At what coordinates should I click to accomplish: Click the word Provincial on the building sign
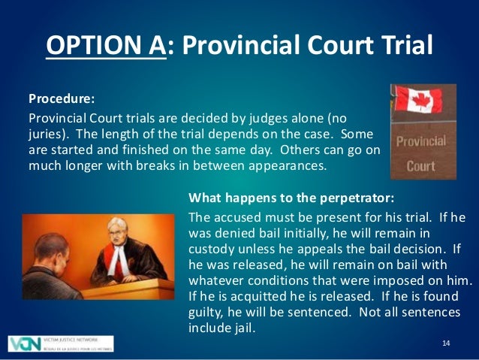coord(420,141)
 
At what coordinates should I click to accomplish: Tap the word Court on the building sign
coord(420,166)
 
